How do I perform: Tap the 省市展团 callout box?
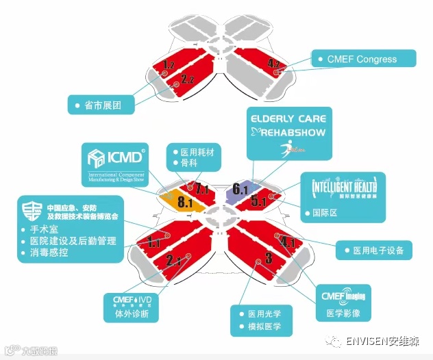click(x=101, y=105)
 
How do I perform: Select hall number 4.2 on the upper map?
click(x=274, y=64)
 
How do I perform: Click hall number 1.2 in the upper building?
click(x=169, y=64)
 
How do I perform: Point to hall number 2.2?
click(x=188, y=79)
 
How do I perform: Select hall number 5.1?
click(x=258, y=201)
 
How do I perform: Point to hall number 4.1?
click(x=288, y=242)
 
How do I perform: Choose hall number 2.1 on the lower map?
click(x=173, y=259)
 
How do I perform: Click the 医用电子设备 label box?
click(x=374, y=250)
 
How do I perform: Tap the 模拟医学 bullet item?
click(x=263, y=327)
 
